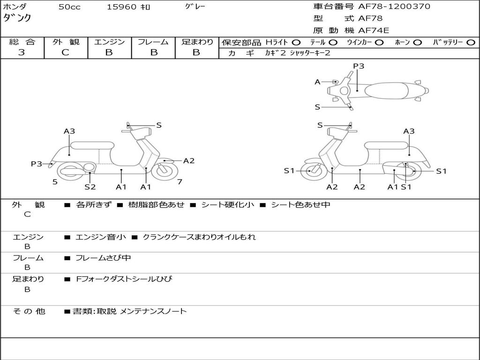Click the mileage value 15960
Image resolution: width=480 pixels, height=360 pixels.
122,7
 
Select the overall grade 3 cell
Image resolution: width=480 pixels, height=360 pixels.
22,52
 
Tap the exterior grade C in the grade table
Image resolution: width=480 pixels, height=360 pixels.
65,52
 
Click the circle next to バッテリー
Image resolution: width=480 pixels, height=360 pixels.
471,43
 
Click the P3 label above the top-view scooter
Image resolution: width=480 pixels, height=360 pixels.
359,66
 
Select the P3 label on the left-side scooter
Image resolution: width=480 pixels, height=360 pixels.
37,164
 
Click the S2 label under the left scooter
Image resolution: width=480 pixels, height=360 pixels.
90,187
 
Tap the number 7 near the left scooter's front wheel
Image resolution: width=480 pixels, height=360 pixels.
180,181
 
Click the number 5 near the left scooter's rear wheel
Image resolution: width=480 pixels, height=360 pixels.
55,181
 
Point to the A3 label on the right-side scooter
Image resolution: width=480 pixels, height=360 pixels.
409,131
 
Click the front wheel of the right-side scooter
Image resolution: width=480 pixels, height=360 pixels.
311,171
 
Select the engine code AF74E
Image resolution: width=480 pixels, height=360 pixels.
373,30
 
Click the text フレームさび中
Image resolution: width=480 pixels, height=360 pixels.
103,258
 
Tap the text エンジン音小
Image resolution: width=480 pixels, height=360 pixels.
101,237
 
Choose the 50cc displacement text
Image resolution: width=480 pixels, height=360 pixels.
69,7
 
